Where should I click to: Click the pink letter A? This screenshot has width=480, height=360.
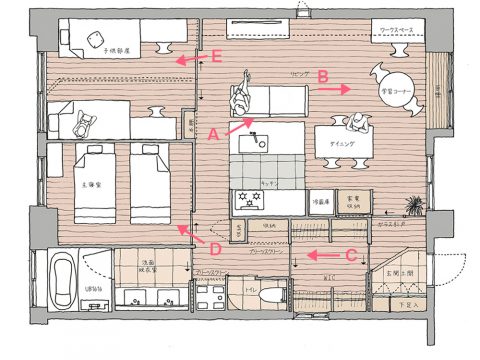click(x=212, y=131)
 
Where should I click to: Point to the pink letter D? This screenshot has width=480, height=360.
click(x=213, y=247)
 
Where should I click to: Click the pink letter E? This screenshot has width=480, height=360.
click(x=217, y=57)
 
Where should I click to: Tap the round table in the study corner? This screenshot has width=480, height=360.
click(x=391, y=80)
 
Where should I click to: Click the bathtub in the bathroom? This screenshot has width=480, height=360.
click(x=65, y=283)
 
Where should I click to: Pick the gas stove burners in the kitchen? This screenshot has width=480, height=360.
click(x=247, y=200)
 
